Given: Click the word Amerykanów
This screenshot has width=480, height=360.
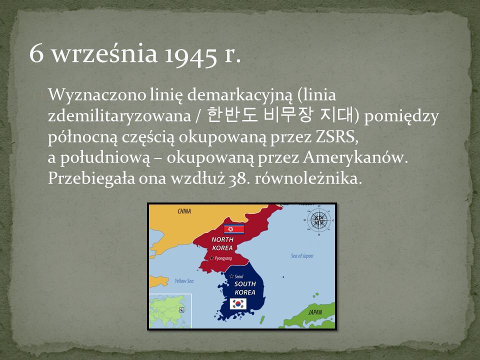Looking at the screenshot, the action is (355, 157).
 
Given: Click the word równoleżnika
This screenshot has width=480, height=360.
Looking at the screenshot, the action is (308, 178).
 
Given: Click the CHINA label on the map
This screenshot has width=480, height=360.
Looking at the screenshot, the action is (184, 211).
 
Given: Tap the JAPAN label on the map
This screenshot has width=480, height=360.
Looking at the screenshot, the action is (315, 312).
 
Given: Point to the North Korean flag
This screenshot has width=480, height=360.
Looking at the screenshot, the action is (234, 229).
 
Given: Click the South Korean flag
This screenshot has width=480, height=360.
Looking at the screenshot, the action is (238, 304).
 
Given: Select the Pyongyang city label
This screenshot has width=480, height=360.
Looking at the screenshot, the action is (220, 258).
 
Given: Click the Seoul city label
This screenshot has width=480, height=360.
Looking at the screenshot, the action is (236, 276).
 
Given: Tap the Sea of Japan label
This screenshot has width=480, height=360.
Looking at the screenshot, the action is (302, 256).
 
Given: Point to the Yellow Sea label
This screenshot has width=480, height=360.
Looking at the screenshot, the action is (184, 280).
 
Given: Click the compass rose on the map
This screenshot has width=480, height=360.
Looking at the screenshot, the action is (319, 220).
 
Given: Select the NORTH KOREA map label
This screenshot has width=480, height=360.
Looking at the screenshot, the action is (222, 243).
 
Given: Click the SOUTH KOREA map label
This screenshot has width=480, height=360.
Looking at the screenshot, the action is (245, 288).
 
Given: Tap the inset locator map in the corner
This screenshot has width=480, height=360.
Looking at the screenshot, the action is (170, 310).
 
